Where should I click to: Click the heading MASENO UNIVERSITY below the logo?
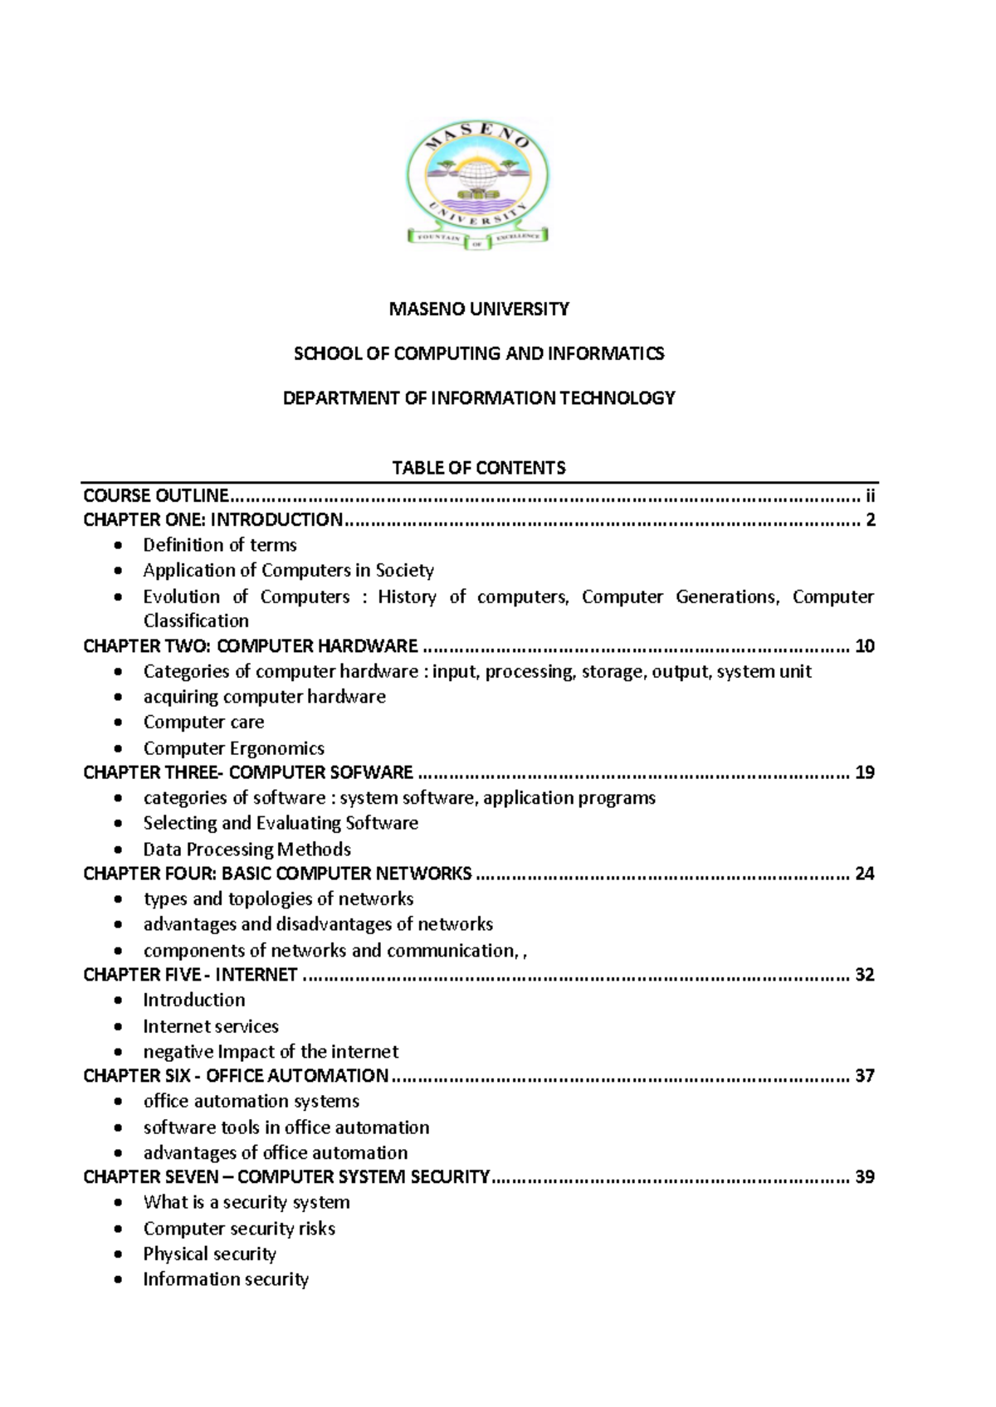[479, 309]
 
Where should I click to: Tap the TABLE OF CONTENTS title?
[479, 468]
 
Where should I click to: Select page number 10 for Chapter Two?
[865, 646]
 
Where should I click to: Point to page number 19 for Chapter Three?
[865, 772]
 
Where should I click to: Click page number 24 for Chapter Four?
[865, 874]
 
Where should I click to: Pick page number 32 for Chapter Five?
[865, 975]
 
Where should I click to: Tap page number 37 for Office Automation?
[865, 1076]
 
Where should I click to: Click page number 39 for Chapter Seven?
[865, 1177]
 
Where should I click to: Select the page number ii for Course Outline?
[870, 496]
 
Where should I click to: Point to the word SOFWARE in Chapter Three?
[373, 772]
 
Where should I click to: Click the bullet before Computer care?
[120, 723]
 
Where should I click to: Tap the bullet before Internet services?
[120, 1027]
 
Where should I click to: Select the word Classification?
[196, 621]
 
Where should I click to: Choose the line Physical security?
[209, 1254]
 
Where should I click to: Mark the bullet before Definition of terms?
[120, 545]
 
